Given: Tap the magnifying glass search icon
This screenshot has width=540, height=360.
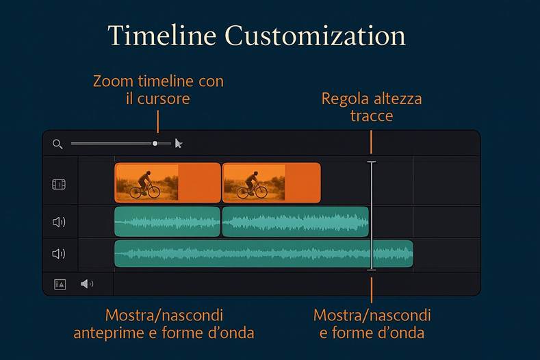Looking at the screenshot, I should coord(57,144).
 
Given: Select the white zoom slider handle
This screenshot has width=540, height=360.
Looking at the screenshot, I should coord(155,144).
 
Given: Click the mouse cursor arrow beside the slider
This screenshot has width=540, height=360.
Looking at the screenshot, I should coord(179,144).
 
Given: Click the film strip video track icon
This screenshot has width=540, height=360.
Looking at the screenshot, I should coord(59,184).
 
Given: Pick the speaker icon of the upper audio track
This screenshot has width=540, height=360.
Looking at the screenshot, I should coord(59,222).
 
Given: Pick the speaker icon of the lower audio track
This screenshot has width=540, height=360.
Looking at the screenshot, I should coord(59,254).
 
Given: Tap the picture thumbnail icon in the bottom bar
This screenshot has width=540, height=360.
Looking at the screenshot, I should coord(60,284).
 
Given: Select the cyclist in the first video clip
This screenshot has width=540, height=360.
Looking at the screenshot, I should coord(144,184).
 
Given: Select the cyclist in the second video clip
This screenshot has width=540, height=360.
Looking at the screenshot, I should coord(252,184).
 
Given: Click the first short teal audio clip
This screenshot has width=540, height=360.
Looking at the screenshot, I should coord(167,222).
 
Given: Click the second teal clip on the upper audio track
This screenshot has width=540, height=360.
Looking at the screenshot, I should coord(295,222).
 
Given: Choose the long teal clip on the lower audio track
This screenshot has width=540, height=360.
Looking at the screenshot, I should coord(263,254).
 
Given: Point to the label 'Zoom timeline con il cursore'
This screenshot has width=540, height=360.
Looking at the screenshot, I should coord(158,90).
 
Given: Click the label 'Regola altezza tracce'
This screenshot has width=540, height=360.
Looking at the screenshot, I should coord(372,107).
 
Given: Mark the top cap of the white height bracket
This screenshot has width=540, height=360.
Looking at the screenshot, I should coord(372,162).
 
